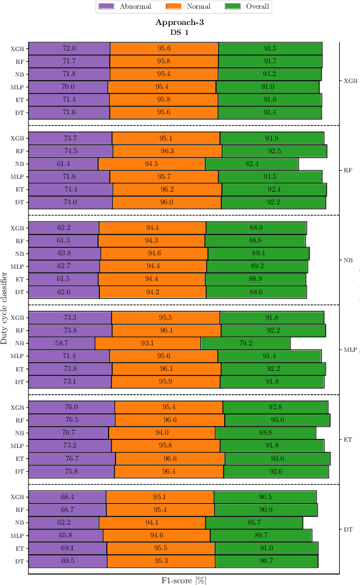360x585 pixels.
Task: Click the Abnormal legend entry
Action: coord(125,7)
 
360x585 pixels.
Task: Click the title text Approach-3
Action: coord(179,23)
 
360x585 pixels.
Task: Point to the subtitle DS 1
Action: coord(179,32)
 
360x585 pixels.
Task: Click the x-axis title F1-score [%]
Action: coord(183,580)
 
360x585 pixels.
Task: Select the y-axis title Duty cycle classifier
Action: coord(5,302)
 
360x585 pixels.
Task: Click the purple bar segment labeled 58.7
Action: coord(62,343)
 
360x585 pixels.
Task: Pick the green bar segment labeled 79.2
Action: coord(246,343)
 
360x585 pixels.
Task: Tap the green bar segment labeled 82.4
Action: coord(251,164)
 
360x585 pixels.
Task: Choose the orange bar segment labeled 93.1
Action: coord(147,343)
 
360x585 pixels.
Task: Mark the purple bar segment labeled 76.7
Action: coord(72,458)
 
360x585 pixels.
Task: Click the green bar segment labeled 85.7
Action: coord(254,522)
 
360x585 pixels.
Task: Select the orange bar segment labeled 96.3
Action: coord(167,151)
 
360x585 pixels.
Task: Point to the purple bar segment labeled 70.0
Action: coord(68,87)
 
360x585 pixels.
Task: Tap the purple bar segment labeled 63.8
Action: coord(64,254)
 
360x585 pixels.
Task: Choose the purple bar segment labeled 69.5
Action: coord(68,561)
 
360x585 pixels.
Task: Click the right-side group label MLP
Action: coord(350,349)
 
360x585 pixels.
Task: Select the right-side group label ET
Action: coord(348,439)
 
